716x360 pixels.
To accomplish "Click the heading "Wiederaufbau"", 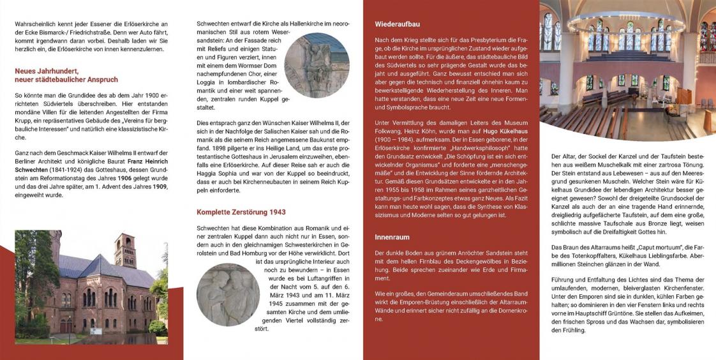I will [397, 24].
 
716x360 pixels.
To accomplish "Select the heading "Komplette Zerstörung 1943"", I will [241, 212].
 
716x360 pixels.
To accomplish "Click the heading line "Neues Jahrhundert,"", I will [47, 71].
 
